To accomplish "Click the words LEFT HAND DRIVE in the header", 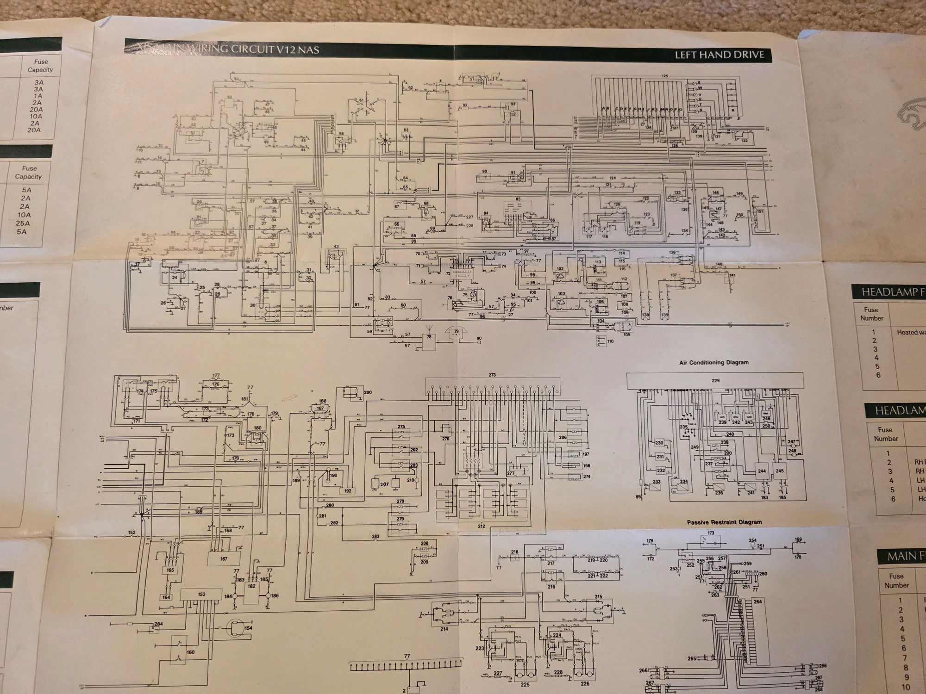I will click(x=719, y=55).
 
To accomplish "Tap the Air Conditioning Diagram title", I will click(x=713, y=362).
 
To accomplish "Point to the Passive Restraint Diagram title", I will click(x=724, y=522).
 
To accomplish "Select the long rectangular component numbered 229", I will click(x=715, y=381).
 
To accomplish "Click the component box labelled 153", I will click(x=201, y=595).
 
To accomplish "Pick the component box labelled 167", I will click(x=224, y=559).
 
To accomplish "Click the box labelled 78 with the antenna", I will click(x=429, y=342).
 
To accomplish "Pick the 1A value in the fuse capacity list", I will click(x=38, y=96).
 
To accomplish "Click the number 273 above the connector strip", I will click(x=492, y=375).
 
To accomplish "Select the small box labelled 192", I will click(x=347, y=491).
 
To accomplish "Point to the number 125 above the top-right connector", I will click(x=665, y=76).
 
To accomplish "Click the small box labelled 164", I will click(x=166, y=597).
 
